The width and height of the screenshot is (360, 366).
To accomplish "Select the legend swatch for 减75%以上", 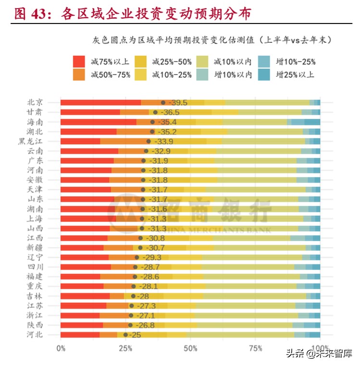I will pos(79,61).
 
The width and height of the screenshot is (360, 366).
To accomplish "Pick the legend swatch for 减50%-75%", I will pos(79,74).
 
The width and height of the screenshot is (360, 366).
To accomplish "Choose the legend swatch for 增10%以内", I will pos(203,74).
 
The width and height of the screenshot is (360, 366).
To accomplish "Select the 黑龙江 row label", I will pos(31,141).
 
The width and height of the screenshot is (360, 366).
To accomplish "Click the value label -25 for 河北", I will pos(136,335).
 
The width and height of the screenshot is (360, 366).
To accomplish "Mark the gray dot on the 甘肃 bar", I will pos(155,112).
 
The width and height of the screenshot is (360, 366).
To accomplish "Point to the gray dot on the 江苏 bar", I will pos(131,305).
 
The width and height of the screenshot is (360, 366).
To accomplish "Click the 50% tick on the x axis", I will pos(190,347).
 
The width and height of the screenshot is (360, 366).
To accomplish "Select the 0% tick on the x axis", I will pos(61,347).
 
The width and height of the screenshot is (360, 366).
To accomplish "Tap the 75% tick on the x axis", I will pos(255,347).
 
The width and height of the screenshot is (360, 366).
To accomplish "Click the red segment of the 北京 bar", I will pos(100,102).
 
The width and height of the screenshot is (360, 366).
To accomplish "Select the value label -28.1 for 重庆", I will pos(148,286).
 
